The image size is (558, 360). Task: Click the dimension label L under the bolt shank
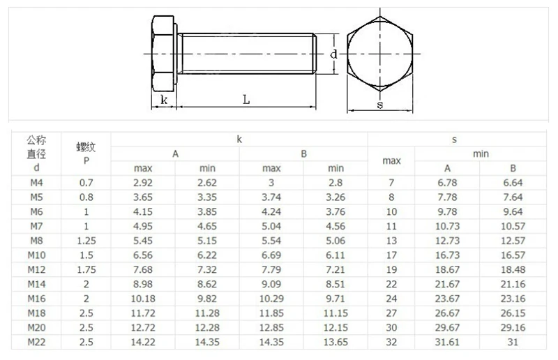click(246, 99)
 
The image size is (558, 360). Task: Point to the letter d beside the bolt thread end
click(333, 54)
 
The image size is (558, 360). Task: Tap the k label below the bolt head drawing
click(164, 100)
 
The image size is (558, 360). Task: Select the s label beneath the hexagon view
click(380, 105)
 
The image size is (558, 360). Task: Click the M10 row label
click(36, 255)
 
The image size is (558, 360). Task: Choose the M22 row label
click(36, 342)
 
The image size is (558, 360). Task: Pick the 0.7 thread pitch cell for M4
click(86, 183)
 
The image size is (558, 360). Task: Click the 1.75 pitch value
click(86, 269)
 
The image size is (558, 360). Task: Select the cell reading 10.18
click(143, 299)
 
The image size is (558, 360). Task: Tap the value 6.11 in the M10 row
click(335, 255)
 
